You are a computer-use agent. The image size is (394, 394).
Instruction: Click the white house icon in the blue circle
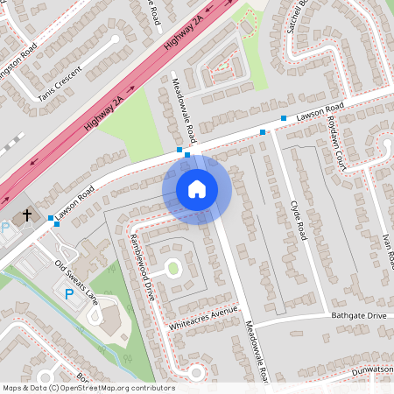[196, 188]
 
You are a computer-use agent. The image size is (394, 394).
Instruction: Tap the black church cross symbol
[27, 214]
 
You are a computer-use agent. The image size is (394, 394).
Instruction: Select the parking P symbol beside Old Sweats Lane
[69, 295]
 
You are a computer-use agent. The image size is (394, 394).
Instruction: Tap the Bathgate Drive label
[358, 315]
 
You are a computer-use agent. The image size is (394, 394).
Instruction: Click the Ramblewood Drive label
[142, 268]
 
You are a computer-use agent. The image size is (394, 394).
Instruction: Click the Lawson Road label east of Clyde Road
[317, 113]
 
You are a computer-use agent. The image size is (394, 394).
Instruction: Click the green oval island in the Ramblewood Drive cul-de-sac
[172, 267]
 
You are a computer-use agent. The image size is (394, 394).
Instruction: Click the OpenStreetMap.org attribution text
[127, 388]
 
